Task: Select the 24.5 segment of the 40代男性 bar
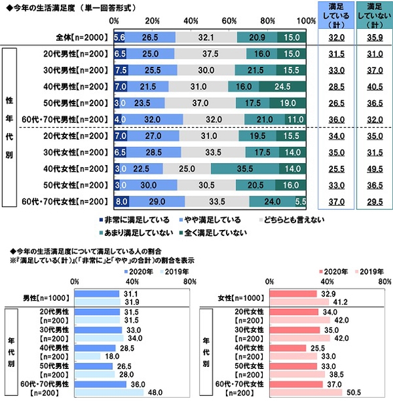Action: click(282, 86)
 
